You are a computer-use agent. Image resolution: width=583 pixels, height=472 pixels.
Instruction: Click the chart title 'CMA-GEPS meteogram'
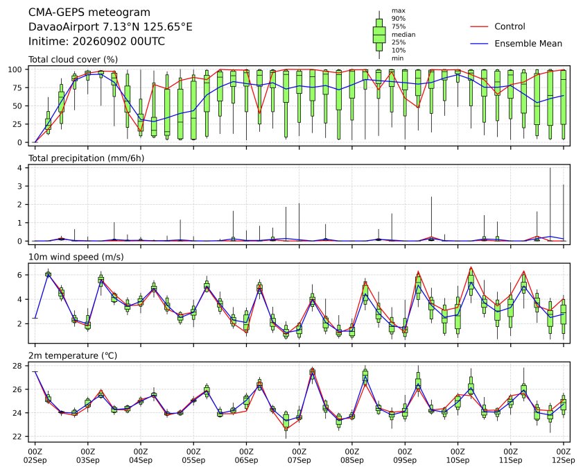[x=89, y=12]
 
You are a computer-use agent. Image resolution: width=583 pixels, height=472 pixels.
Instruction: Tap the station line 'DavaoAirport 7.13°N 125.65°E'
[x=110, y=27]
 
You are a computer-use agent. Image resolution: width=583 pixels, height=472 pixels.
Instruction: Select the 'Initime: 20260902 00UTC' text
[x=96, y=41]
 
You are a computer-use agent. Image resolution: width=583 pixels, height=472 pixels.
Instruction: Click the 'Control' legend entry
[x=510, y=26]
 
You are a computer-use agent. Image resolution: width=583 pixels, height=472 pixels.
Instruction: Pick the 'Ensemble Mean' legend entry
[x=528, y=44]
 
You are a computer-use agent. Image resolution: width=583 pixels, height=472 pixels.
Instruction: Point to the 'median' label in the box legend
[x=403, y=35]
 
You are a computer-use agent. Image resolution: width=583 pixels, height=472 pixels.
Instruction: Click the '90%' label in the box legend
[x=398, y=19]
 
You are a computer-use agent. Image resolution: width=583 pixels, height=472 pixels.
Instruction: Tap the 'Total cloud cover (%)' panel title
[x=73, y=60]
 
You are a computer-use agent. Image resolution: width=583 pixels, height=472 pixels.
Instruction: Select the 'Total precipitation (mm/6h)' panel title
[x=86, y=158]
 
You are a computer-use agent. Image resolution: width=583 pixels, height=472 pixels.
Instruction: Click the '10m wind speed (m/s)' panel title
[x=76, y=257]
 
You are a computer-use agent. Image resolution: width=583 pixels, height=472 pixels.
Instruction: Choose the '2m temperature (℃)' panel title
[x=73, y=355]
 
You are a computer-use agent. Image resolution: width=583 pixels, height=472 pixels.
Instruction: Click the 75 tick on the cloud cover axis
[x=18, y=87]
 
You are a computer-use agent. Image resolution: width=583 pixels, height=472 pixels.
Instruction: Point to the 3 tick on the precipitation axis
[x=20, y=186]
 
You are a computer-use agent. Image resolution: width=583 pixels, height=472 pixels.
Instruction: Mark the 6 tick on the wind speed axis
[x=20, y=275]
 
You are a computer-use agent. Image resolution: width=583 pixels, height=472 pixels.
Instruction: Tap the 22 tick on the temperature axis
[x=18, y=437]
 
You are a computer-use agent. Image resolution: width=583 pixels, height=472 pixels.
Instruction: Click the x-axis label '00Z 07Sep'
[x=299, y=456]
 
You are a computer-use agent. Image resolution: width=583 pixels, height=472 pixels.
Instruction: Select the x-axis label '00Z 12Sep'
[x=564, y=456]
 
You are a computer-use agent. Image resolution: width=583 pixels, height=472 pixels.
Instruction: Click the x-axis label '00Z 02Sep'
[x=35, y=456]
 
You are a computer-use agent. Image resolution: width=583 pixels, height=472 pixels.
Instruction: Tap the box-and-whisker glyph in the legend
[x=379, y=35]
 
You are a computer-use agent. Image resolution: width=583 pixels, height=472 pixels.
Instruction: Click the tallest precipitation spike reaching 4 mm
[x=550, y=204]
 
